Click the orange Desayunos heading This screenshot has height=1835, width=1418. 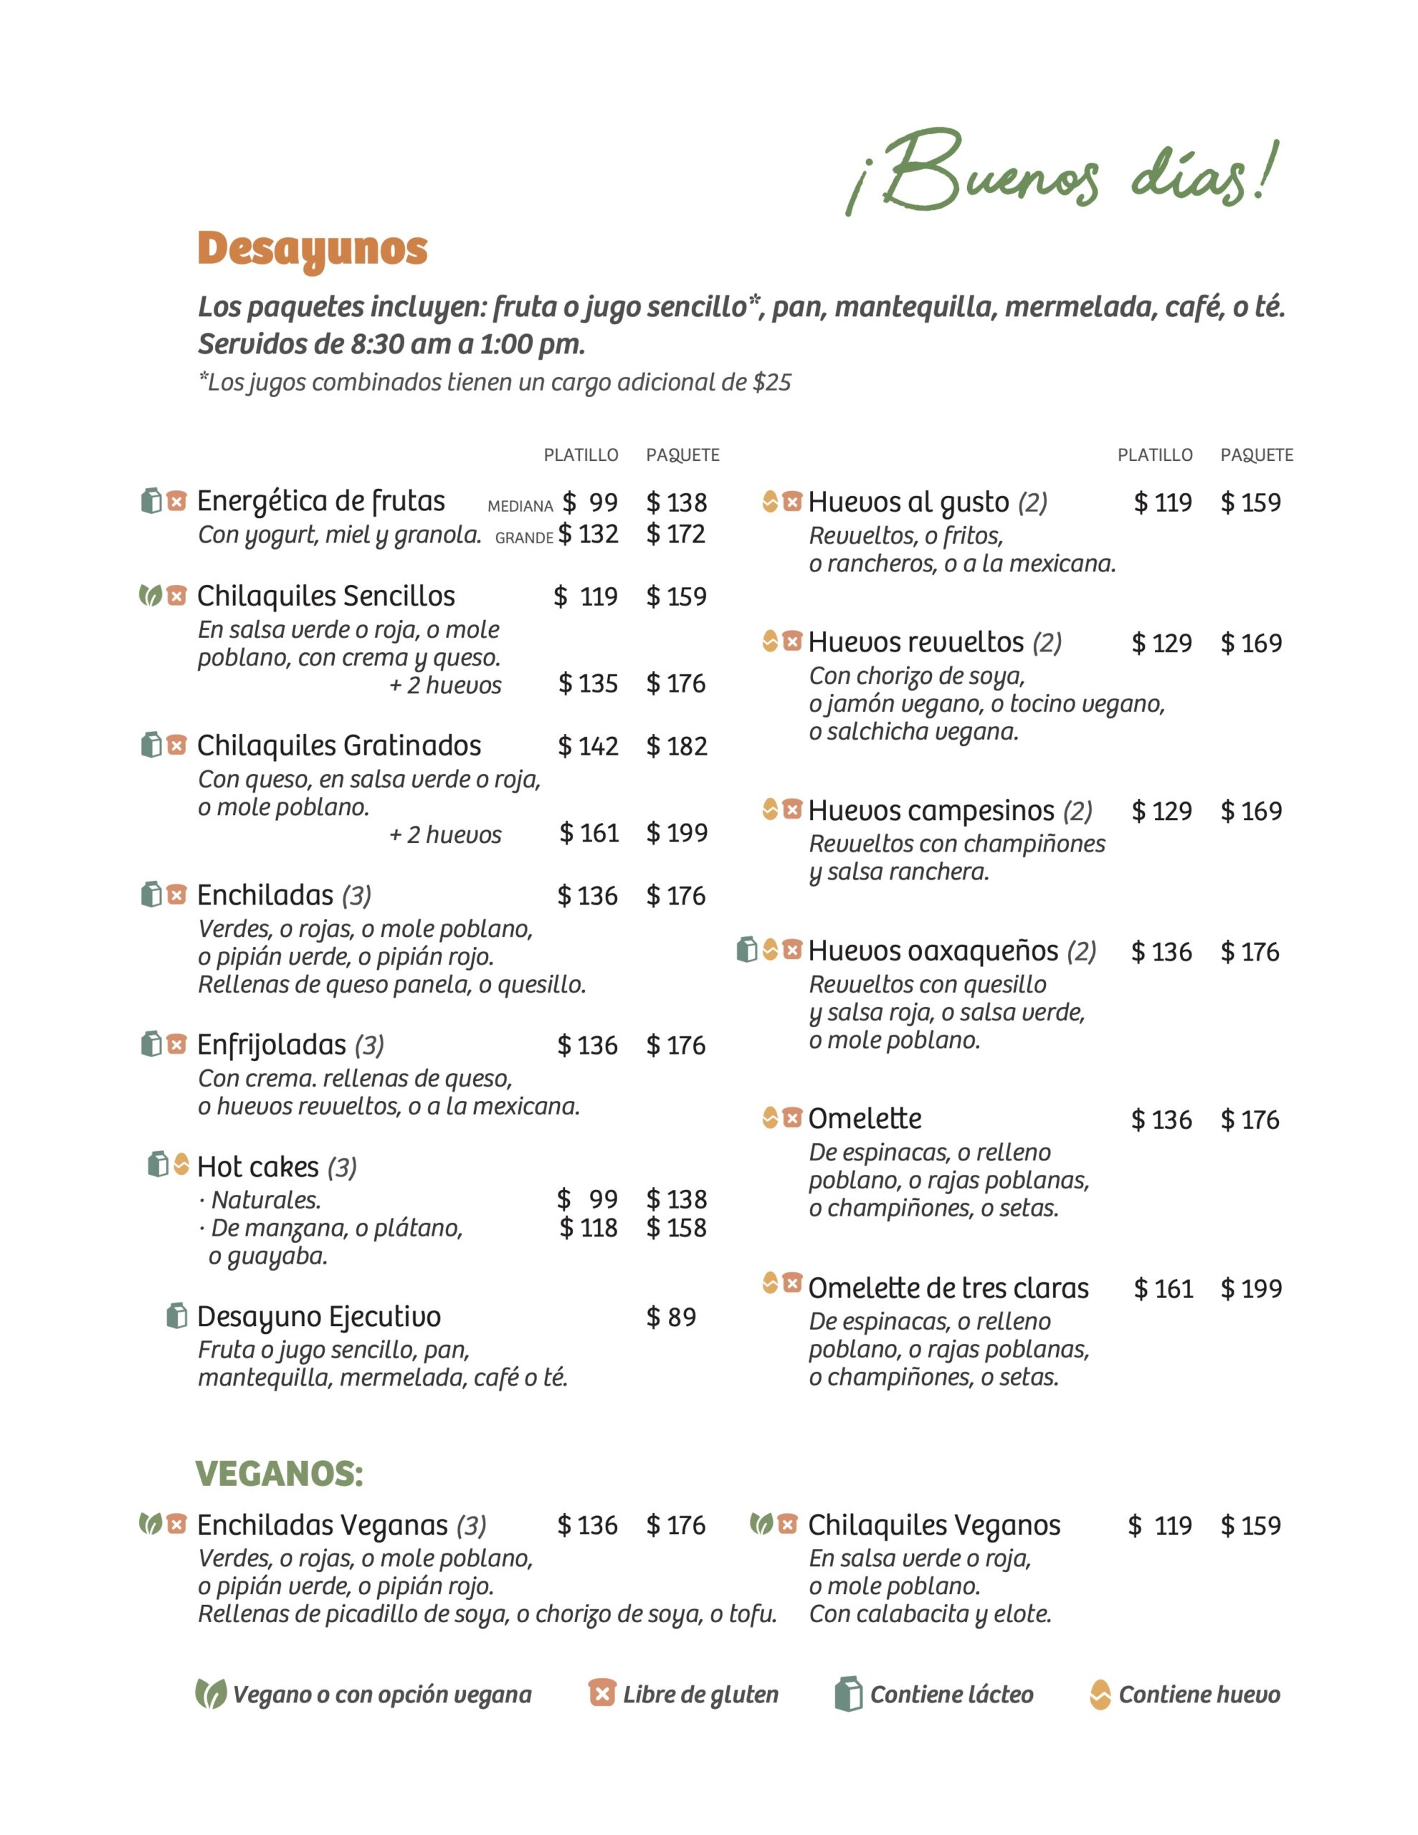point(312,249)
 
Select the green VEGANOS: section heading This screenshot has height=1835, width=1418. point(279,1474)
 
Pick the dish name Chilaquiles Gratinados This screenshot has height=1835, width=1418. point(339,745)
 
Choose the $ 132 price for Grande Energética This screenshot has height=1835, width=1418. point(588,533)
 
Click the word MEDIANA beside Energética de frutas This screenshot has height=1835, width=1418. point(520,506)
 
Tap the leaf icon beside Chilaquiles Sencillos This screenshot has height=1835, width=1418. point(151,596)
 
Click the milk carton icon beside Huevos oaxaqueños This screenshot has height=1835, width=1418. point(746,950)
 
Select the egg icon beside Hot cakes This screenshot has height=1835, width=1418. point(181,1165)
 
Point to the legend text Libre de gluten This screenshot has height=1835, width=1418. point(700,1695)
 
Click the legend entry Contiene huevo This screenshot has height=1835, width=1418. point(1199,1695)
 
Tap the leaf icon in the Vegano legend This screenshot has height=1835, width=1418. point(210,1694)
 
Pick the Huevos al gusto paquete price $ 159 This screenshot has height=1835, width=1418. point(1250,502)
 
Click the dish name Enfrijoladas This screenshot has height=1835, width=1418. point(271,1044)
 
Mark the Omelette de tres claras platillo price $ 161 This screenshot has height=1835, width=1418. point(1163,1288)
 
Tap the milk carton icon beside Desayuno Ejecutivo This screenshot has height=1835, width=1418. point(176,1316)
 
